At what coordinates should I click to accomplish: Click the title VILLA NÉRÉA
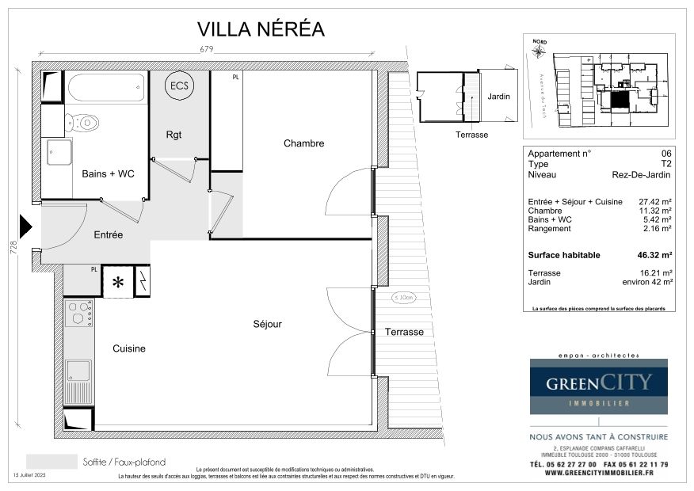point(261,29)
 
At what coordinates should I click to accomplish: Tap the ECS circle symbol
point(179,86)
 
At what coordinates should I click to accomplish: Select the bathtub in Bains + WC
point(106,87)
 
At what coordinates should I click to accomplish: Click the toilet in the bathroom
point(82,123)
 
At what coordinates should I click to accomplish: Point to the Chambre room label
point(303,143)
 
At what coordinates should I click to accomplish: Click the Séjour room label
point(267,324)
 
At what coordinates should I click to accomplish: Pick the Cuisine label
point(128,348)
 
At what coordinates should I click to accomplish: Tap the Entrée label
point(108,234)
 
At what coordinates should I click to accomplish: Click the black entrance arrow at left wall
point(25,226)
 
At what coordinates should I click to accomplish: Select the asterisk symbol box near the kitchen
point(117,283)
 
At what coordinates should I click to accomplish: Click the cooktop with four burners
point(78,314)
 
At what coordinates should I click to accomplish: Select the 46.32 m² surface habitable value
point(655,255)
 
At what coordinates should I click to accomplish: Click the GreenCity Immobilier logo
point(598,386)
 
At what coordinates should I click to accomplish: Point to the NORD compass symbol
point(540,50)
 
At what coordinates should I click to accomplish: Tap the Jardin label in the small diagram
point(498,97)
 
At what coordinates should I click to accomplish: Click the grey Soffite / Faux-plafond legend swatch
point(51,462)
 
